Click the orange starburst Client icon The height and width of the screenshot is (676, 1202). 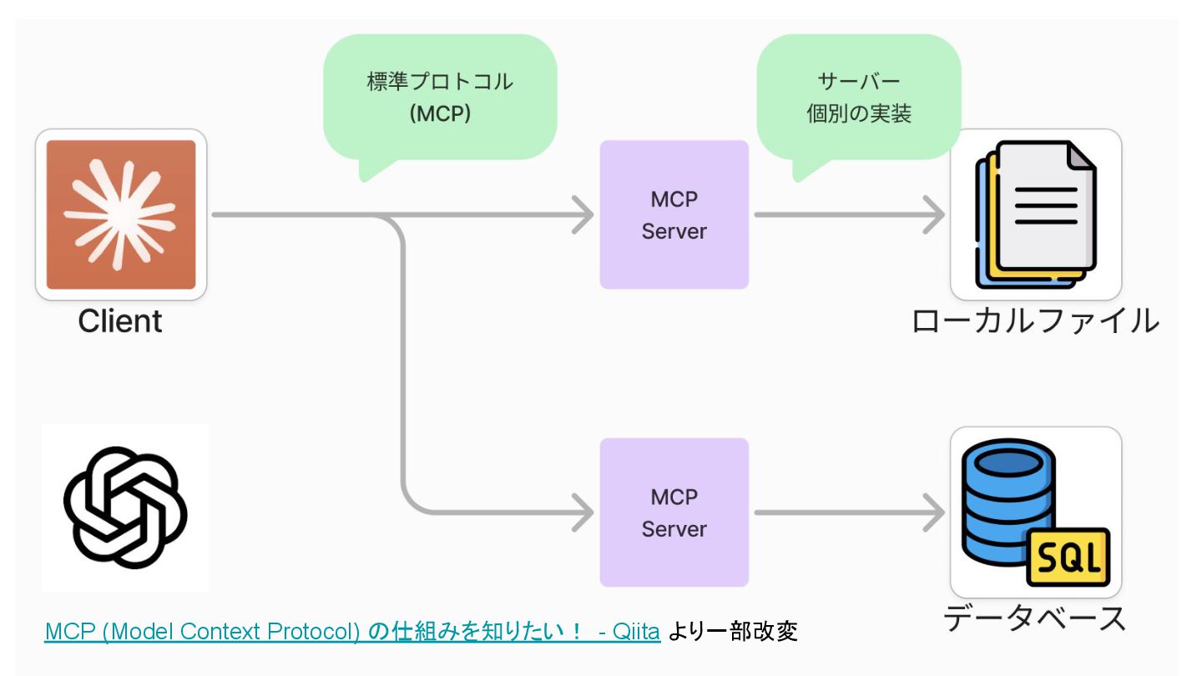(121, 214)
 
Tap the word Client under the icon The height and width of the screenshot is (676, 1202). (120, 321)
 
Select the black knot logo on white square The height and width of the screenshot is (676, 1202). (125, 507)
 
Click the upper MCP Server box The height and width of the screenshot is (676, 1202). (674, 214)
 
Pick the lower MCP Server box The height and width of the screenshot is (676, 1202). (674, 512)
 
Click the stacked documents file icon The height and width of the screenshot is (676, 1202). (1036, 214)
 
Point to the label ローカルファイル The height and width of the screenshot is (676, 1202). (1036, 321)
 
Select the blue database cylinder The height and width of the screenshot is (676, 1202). (1008, 502)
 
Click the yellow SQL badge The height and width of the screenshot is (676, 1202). (1068, 557)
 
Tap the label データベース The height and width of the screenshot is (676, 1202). (1034, 618)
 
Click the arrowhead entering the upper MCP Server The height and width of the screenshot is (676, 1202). (583, 214)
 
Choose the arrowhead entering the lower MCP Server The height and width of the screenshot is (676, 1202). (583, 512)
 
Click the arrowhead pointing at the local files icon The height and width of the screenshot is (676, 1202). (935, 214)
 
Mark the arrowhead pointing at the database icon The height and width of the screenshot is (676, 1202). (935, 512)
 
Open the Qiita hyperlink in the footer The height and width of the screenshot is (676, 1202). (352, 632)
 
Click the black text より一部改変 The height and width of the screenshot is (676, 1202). (733, 632)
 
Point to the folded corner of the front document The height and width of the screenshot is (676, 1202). (1081, 156)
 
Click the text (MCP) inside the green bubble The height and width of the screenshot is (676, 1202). (440, 114)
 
